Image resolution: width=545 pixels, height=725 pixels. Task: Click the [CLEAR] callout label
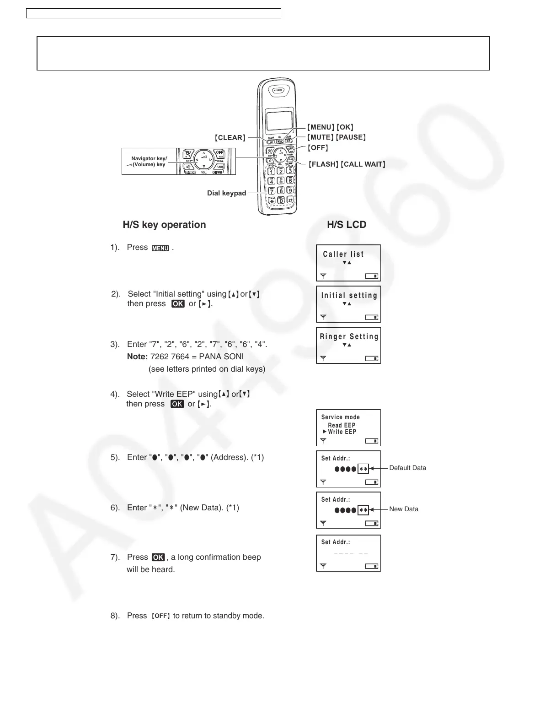coord(230,138)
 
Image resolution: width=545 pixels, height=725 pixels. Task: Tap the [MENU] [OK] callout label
coord(330,127)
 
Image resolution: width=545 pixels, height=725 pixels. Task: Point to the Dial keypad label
coord(226,193)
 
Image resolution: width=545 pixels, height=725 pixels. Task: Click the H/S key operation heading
coord(164,225)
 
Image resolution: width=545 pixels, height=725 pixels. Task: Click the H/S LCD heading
coord(347,225)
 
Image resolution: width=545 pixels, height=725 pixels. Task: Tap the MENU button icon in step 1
coord(160,248)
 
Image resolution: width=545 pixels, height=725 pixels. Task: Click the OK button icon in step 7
coord(158,557)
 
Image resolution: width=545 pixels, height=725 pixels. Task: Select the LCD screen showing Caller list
coord(348,263)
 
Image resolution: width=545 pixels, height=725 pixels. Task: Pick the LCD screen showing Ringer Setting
coord(348,345)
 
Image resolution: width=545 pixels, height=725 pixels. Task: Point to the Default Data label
coord(407,468)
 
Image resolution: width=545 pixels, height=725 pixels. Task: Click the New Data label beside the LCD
coord(404,509)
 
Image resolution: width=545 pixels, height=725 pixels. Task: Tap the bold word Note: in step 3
coord(138,357)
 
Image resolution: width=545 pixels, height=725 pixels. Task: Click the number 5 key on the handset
coord(281,180)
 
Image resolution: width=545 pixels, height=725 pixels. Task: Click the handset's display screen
coord(279,121)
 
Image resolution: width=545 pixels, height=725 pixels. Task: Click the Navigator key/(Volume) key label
coord(149,162)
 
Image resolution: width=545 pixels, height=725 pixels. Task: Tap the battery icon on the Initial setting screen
coord(372,317)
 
